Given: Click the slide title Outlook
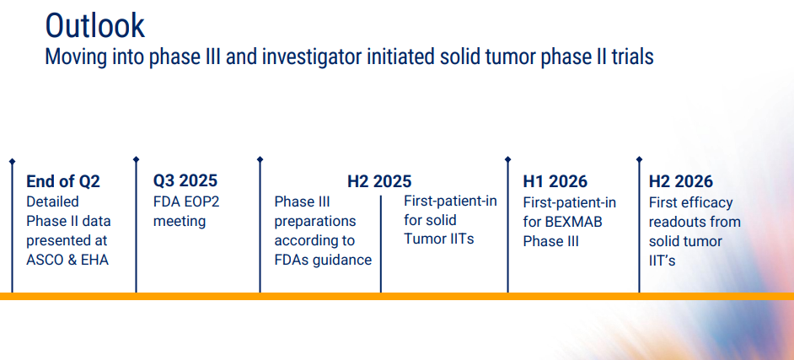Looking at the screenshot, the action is (94, 26).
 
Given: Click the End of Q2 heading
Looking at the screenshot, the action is (63, 181).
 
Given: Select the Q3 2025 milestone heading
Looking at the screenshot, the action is (185, 180).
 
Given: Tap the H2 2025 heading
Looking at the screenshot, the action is (379, 181).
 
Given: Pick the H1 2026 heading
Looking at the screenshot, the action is (555, 181).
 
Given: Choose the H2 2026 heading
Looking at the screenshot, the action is (681, 181).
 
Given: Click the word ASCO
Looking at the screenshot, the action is (44, 261).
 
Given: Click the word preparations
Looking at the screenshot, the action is (315, 222).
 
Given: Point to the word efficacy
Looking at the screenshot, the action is (710, 202).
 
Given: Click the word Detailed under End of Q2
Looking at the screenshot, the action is (52, 201).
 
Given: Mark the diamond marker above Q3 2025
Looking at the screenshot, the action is (136, 159).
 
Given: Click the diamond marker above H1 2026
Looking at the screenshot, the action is (508, 159).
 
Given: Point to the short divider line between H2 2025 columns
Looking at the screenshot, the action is (381, 244).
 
